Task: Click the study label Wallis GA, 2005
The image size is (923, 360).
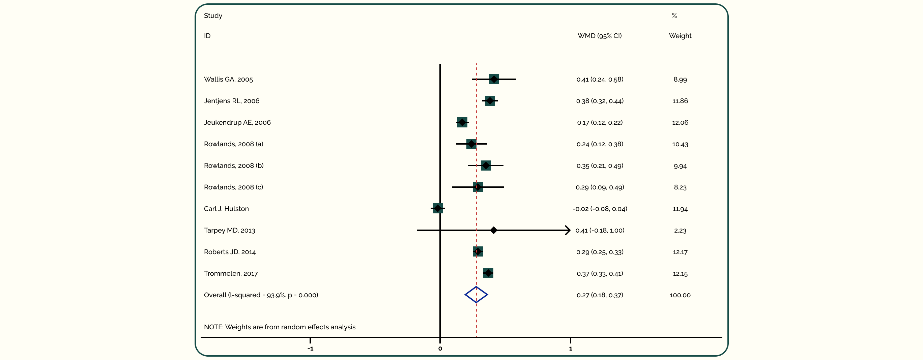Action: [228, 80]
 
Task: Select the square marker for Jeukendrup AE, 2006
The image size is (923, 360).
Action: [462, 122]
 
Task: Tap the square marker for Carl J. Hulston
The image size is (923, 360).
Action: [437, 208]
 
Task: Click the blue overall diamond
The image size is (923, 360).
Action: [476, 295]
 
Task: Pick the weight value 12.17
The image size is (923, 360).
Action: [680, 252]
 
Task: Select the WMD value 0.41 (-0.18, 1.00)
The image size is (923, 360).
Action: [600, 230]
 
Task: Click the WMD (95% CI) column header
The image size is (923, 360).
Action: [600, 36]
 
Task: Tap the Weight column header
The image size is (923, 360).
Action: [680, 36]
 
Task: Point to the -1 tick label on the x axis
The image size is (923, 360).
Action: [310, 349]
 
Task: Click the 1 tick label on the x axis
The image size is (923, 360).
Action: [571, 349]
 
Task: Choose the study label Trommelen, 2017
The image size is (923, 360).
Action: [231, 274]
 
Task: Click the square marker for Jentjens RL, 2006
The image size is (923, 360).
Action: [490, 101]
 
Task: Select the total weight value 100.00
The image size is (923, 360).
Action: [680, 295]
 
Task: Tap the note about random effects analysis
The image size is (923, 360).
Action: [280, 327]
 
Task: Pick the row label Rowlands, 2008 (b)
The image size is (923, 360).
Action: [234, 166]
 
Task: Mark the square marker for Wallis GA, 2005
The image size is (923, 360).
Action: [494, 79]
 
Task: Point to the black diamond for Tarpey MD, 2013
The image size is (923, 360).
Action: [493, 230]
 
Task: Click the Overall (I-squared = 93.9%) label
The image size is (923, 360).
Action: [261, 295]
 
